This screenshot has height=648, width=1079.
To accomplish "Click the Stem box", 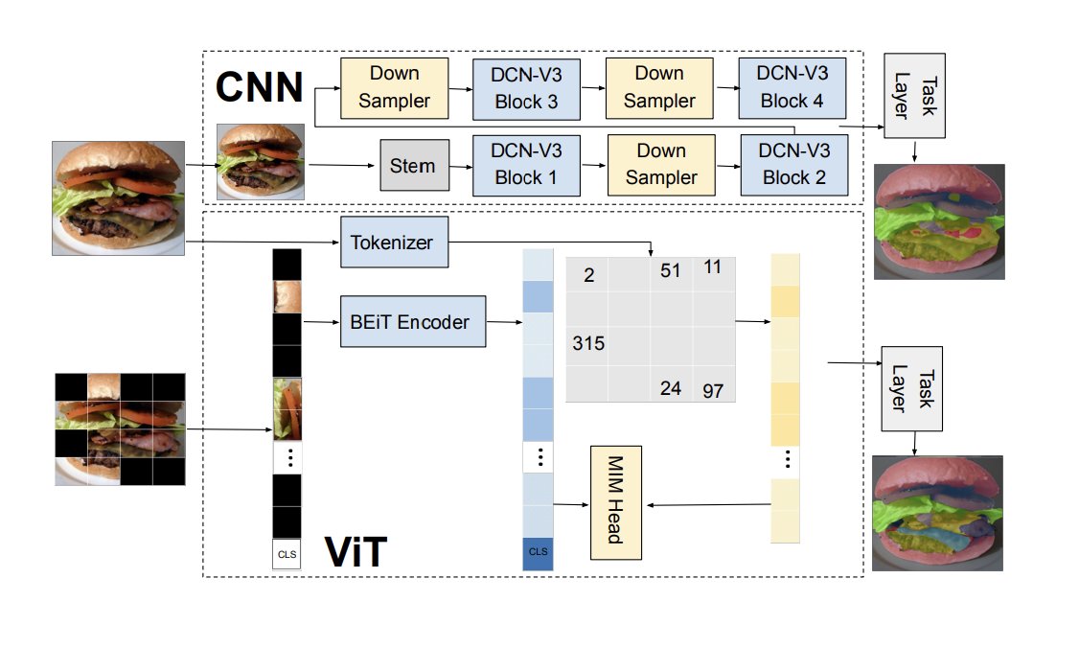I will [413, 166].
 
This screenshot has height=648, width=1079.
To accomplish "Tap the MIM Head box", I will [616, 502].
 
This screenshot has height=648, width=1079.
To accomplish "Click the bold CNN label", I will [259, 86].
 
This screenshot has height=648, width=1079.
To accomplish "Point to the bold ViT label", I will [356, 553].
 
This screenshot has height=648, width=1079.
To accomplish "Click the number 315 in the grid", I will [587, 342].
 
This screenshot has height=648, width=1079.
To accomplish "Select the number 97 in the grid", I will [713, 390].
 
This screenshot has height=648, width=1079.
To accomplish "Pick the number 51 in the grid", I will [670, 271].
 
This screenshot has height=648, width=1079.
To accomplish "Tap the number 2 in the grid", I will [588, 276].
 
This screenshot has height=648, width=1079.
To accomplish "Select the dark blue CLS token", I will [538, 552].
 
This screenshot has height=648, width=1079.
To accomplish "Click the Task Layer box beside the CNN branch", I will [913, 96].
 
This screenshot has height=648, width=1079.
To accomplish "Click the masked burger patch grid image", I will [120, 428].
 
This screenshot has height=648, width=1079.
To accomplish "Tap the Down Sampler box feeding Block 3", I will [395, 85].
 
